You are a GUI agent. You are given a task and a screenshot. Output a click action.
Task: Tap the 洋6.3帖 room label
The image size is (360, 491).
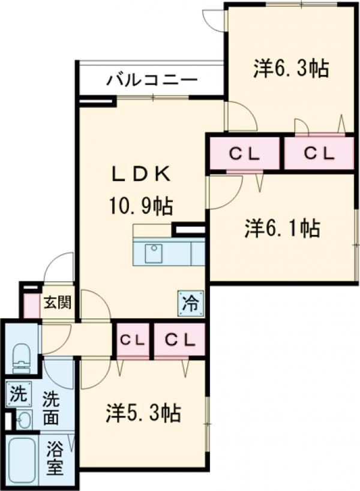(291, 69)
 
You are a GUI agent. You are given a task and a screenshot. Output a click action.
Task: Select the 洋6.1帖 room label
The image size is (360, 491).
(281, 228)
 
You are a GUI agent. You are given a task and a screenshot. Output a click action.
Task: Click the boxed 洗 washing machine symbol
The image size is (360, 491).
(19, 395)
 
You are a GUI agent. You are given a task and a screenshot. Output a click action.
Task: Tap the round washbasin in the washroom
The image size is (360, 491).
(23, 419)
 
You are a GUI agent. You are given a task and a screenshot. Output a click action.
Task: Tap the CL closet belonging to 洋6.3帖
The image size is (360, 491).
(318, 153)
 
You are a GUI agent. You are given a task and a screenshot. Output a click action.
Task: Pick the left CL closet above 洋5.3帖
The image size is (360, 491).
(133, 340)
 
